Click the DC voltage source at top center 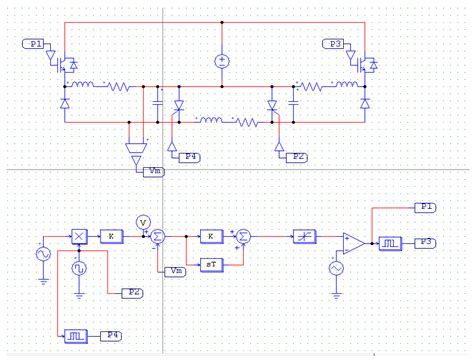click(x=221, y=62)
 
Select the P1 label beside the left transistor click(x=35, y=45)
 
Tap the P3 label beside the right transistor click(x=334, y=45)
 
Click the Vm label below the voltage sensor click(x=155, y=172)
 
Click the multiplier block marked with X click(x=78, y=235)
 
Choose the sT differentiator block click(x=210, y=263)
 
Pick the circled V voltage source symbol click(x=142, y=221)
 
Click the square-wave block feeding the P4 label click(x=76, y=334)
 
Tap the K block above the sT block click(x=210, y=236)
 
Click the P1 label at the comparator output click(x=425, y=206)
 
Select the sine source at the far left click(x=44, y=255)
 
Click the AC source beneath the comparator click(x=334, y=269)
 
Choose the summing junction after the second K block click(x=244, y=236)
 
